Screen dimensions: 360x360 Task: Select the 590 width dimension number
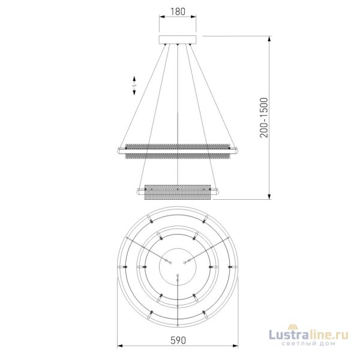[x=176, y=340]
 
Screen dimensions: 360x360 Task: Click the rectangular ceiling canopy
[x=176, y=40]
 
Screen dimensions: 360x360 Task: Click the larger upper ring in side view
[x=176, y=151]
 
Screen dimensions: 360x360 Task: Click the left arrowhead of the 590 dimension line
[x=118, y=346]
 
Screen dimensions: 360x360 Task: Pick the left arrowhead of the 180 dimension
[x=160, y=18]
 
